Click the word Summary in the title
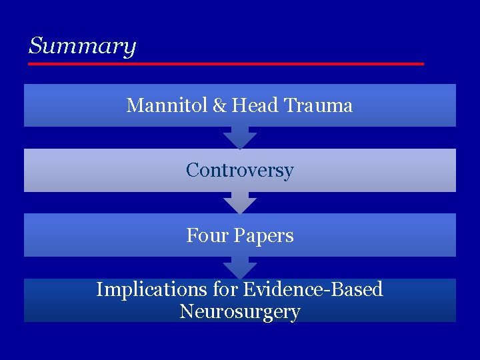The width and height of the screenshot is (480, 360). coord(82,47)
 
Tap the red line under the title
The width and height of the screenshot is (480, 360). coord(225,63)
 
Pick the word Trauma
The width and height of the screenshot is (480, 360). coord(318,105)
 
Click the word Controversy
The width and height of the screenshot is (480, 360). coord(240,171)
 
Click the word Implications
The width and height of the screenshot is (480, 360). coord(143,289)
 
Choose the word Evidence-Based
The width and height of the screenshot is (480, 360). coord(313,289)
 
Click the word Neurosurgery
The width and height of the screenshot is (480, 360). coord(240,311)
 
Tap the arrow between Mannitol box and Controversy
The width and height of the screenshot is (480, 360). coord(240,138)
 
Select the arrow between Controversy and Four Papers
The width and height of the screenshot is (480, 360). coord(240,203)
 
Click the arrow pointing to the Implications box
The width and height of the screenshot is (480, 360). coord(240,268)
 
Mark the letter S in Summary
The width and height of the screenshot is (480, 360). coord(36,46)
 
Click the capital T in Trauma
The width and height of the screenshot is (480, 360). coord(289,105)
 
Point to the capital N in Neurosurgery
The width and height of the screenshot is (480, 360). coord(186,311)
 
